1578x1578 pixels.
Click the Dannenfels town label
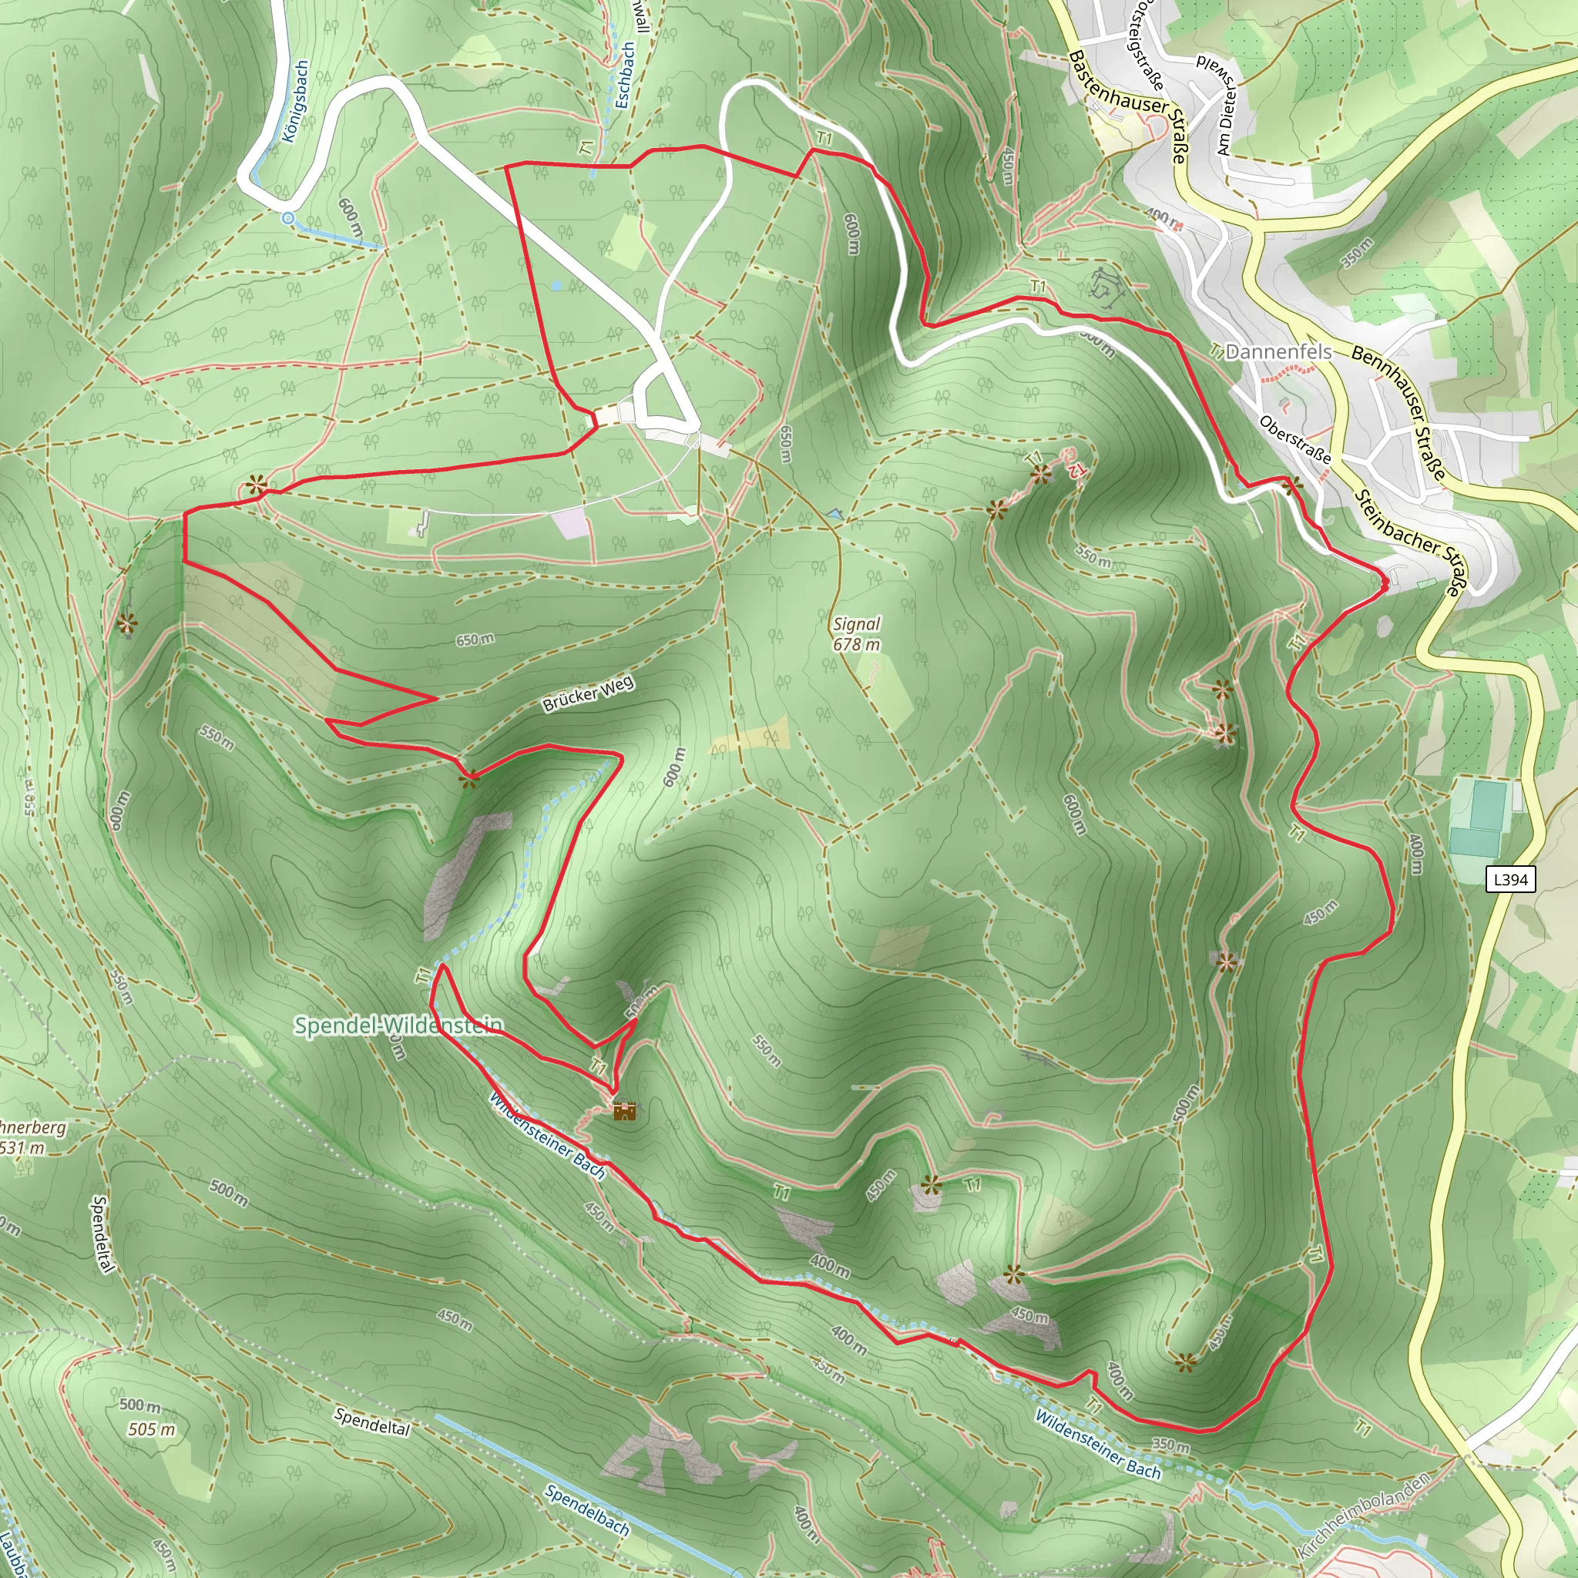click(x=1279, y=352)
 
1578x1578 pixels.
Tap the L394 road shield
click(x=1510, y=880)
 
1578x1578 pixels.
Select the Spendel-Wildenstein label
click(x=398, y=1026)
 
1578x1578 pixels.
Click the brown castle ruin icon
click(x=625, y=1111)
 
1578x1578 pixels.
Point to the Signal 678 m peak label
click(x=857, y=634)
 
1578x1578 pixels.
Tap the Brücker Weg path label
click(x=588, y=694)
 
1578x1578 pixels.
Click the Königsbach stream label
click(x=296, y=100)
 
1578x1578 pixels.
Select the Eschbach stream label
click(x=625, y=76)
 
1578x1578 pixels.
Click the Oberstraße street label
click(x=1295, y=439)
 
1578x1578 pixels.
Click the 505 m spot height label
click(x=151, y=1429)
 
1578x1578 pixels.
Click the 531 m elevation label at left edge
click(x=22, y=1147)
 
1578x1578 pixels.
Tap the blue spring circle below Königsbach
click(x=287, y=218)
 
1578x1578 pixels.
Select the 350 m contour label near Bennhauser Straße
click(x=1358, y=253)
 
